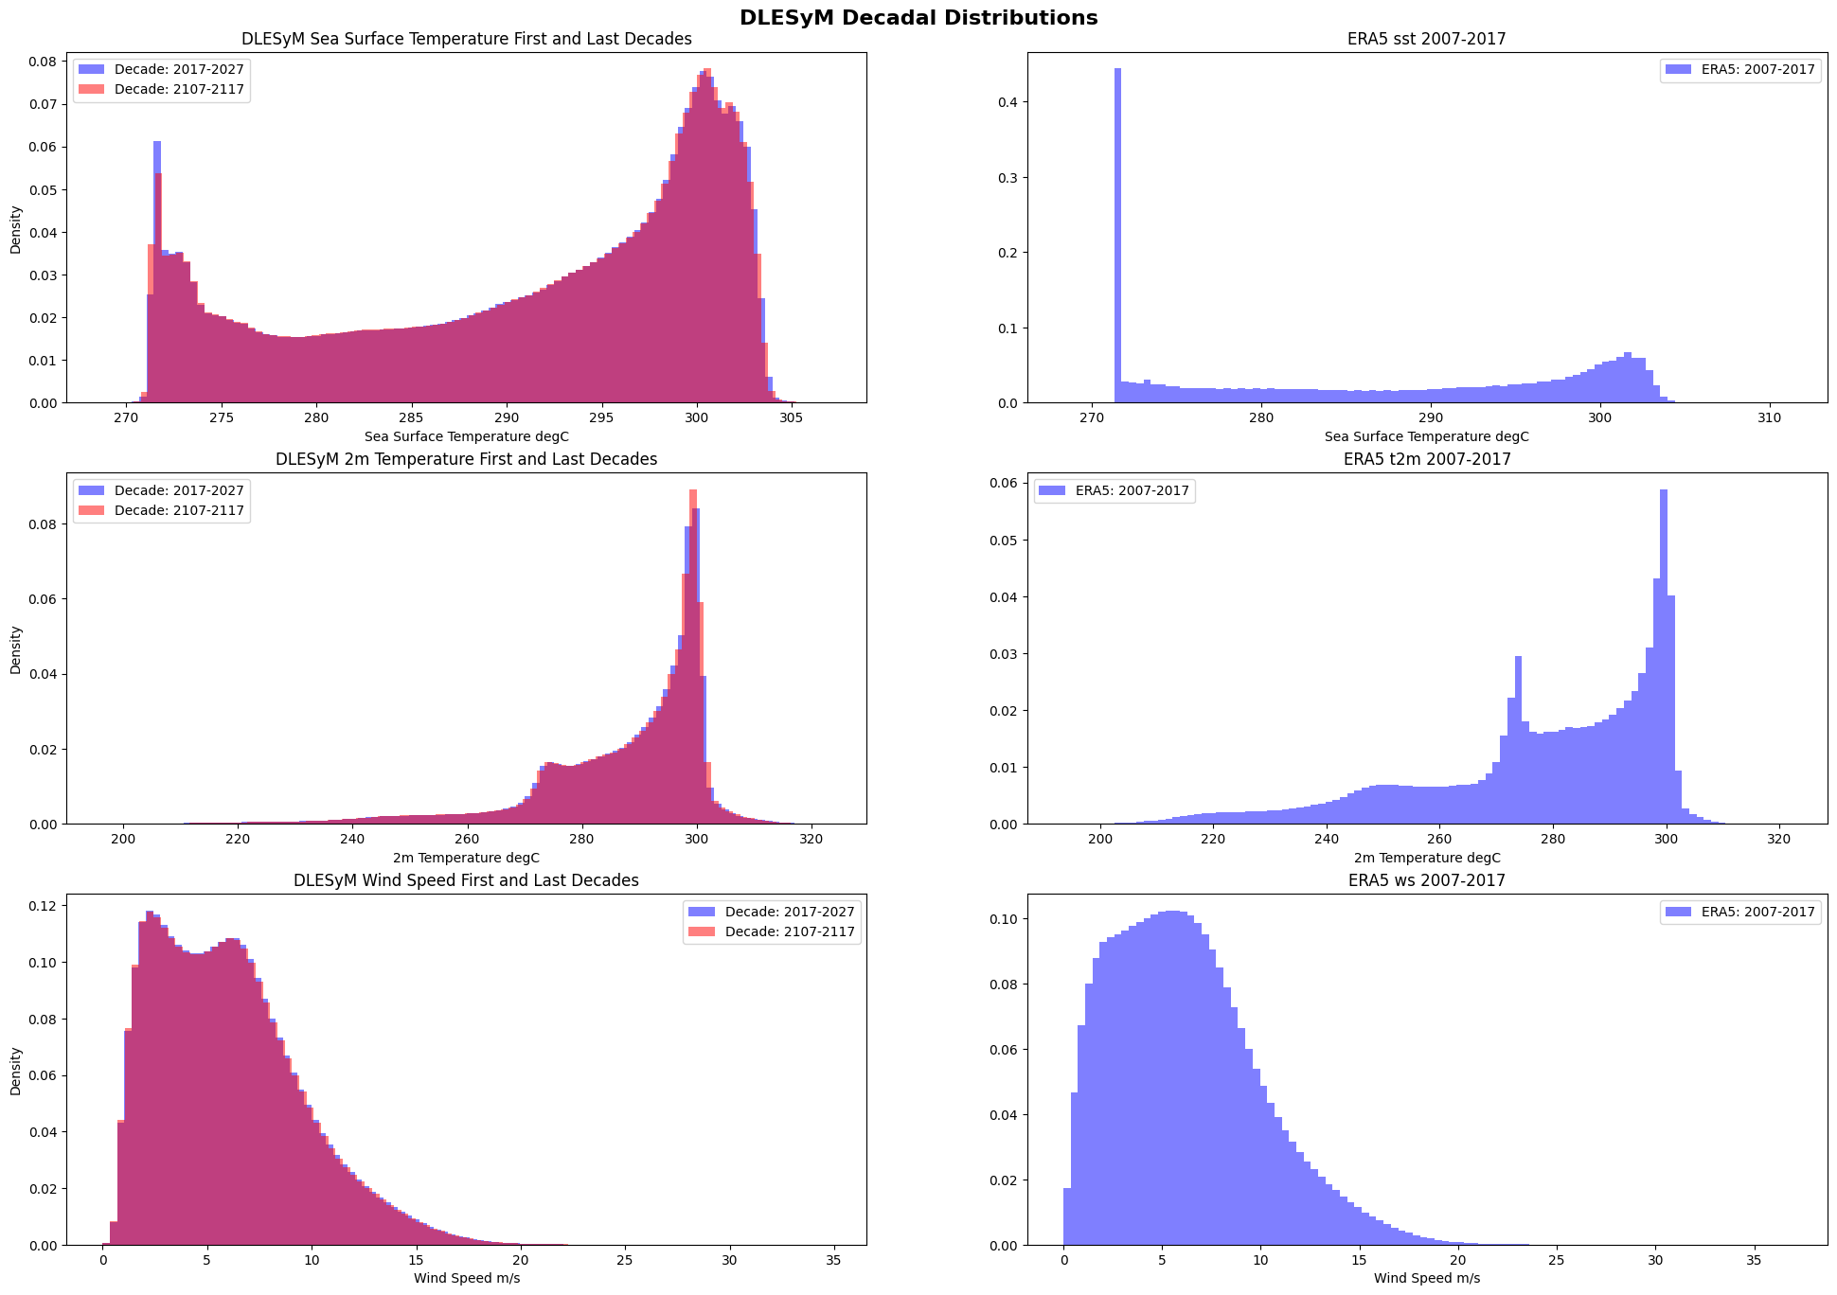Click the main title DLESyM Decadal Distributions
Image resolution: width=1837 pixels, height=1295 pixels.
coord(918,17)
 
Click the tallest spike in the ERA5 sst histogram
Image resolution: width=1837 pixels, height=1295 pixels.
coord(1117,237)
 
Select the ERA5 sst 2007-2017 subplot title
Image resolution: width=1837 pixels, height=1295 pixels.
coord(1426,39)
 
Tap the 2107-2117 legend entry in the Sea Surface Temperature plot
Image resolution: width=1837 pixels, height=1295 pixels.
coord(179,89)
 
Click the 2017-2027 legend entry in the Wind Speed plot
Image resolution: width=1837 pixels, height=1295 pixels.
coord(789,912)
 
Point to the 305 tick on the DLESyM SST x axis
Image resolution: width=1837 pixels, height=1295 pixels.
coord(791,417)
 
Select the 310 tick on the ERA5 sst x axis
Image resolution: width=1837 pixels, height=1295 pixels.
coord(1769,417)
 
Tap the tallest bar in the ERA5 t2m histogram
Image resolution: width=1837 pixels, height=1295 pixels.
coord(1664,663)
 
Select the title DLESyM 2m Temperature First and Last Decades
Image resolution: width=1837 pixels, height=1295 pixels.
coord(466,459)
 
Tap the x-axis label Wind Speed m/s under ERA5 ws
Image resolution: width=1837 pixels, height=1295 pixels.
coord(1426,1278)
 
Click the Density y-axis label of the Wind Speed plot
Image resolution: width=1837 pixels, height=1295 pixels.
coord(16,1071)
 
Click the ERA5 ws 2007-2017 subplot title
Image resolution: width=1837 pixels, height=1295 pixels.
coord(1426,880)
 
